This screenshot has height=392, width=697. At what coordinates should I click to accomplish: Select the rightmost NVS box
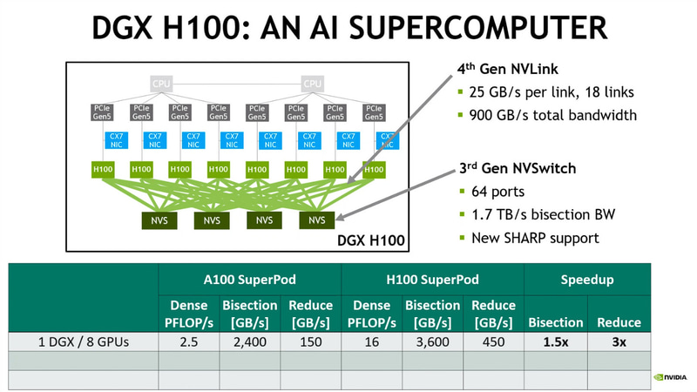coord(316,220)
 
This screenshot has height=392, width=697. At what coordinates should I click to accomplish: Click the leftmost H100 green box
coord(102,168)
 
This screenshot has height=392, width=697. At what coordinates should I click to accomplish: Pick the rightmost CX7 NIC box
coord(386,140)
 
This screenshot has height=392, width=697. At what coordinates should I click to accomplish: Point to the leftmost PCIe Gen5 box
coord(102,112)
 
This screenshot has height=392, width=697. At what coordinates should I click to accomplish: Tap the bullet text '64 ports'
coord(502,193)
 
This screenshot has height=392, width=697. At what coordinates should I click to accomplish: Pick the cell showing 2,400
coord(249,342)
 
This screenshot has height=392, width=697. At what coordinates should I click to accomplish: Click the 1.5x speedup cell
coord(555,342)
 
